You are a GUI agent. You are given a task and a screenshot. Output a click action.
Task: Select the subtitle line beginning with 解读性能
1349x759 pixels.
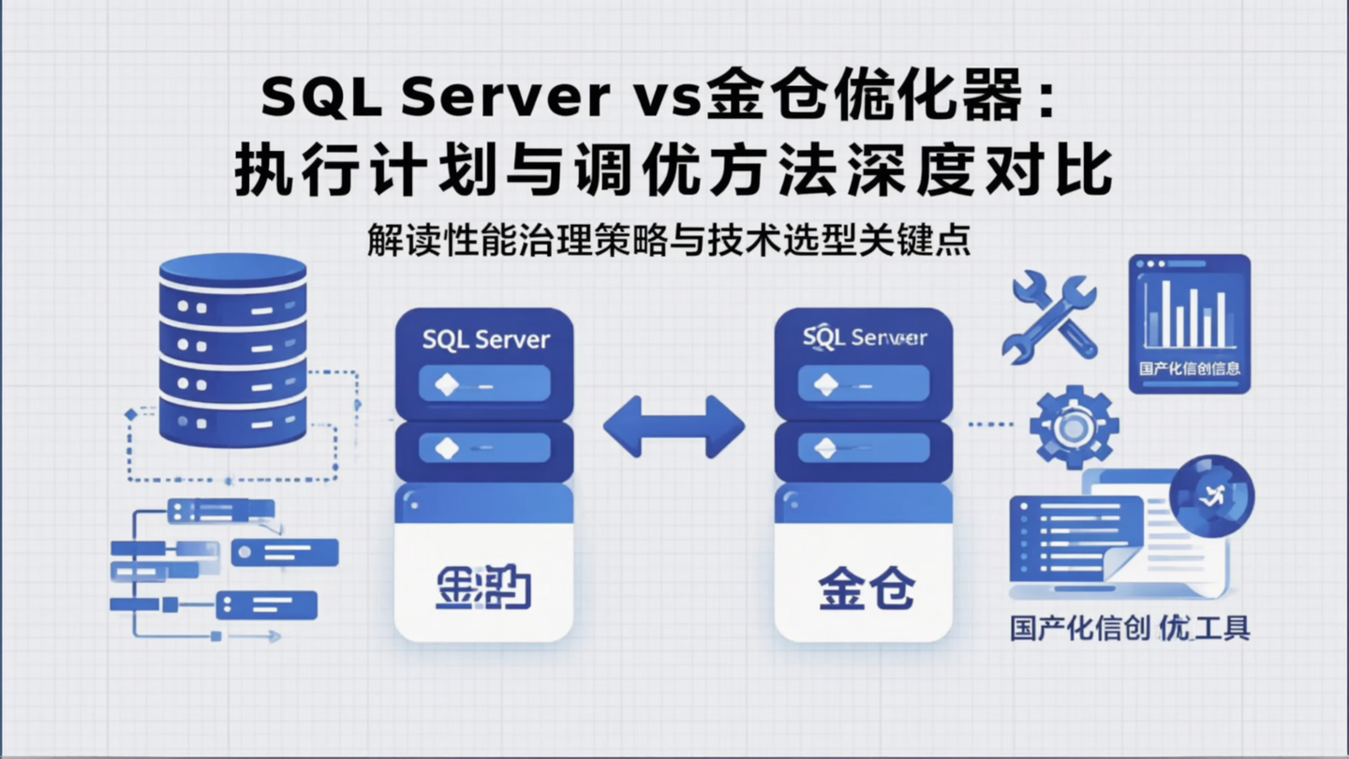(668, 240)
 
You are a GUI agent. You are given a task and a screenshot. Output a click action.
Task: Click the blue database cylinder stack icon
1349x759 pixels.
(232, 351)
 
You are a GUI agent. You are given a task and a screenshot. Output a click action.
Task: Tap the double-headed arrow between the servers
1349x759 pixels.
(674, 427)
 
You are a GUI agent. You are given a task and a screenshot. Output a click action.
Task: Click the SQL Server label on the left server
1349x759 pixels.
(485, 339)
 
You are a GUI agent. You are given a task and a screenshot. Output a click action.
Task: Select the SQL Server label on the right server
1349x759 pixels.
(864, 337)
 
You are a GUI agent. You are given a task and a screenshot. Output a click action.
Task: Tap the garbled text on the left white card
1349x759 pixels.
(483, 588)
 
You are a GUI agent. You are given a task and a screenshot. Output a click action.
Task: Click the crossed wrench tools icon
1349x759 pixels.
(1048, 317)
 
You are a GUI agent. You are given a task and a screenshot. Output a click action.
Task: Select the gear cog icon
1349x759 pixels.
(1074, 426)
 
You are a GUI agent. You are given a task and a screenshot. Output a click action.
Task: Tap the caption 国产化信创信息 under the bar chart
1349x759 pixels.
(1189, 368)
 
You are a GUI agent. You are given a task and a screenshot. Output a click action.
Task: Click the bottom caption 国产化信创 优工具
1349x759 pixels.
(1129, 627)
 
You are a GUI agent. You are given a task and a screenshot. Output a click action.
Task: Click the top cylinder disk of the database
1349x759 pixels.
(232, 270)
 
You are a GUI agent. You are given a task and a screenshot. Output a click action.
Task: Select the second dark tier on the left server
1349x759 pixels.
(483, 449)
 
